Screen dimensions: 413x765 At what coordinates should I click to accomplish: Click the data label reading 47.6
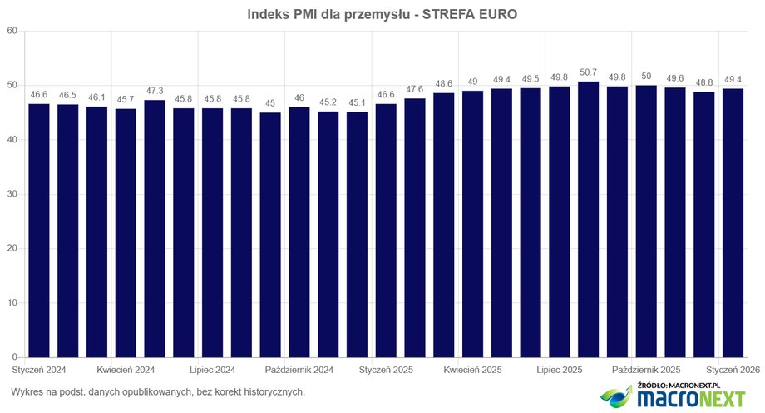point(415,89)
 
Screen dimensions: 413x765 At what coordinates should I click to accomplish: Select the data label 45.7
point(126,99)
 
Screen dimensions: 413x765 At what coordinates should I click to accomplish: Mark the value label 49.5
point(531,78)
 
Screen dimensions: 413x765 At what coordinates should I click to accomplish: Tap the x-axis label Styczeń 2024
point(39,369)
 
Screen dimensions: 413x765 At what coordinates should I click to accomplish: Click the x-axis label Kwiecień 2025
point(472,369)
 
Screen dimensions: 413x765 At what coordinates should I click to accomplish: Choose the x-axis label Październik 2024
point(299,369)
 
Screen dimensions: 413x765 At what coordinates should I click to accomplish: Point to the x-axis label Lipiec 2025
point(560,369)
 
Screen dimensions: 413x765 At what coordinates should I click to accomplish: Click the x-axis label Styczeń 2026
point(733,369)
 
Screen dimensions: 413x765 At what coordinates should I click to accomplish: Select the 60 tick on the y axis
point(12,32)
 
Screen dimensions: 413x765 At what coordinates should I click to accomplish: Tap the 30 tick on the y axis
point(12,195)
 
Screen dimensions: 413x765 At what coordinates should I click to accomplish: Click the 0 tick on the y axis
point(15,358)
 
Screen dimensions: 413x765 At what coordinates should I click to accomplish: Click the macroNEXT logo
point(674,397)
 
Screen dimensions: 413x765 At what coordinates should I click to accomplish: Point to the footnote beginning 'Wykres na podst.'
point(159,391)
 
